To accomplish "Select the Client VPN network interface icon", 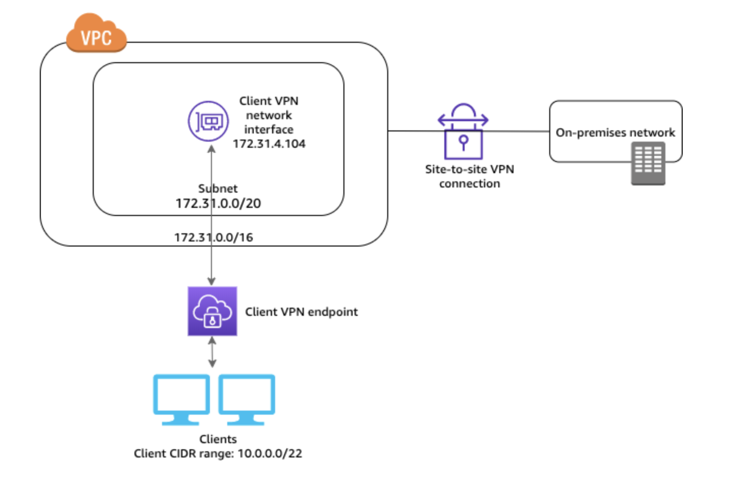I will [x=208, y=121].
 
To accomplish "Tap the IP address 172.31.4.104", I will [x=269, y=144].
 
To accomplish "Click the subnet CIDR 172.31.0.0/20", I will [x=218, y=203].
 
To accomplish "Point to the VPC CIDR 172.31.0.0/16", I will [x=213, y=237].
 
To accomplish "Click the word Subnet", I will [x=218, y=188].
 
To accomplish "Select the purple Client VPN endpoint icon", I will [x=212, y=311].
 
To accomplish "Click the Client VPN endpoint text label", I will [x=301, y=312].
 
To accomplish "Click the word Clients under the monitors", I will [x=218, y=439].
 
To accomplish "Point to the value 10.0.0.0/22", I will [x=270, y=453].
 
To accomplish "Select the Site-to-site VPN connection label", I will [x=469, y=176].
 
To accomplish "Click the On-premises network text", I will [x=615, y=132].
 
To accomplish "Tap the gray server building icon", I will [x=648, y=163].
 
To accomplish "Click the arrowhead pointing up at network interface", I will [x=211, y=149].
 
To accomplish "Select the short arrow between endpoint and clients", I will [x=212, y=351].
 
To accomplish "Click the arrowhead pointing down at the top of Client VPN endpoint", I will [x=211, y=281].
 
